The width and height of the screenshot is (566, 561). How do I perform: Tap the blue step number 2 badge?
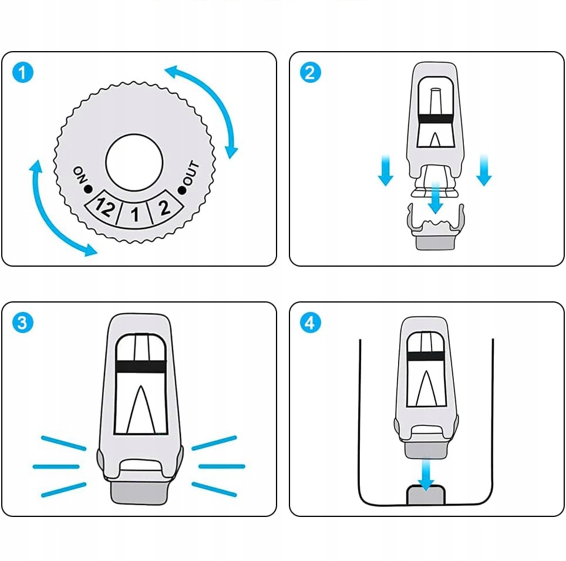tap(311, 73)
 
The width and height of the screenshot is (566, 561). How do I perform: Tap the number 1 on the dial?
tap(135, 216)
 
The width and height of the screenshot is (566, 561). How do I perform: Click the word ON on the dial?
tap(79, 174)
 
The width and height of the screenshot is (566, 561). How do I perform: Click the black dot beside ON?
tap(88, 189)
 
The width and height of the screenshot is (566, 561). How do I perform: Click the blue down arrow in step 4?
tap(426, 472)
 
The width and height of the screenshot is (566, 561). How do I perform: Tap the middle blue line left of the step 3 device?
tap(56, 466)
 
